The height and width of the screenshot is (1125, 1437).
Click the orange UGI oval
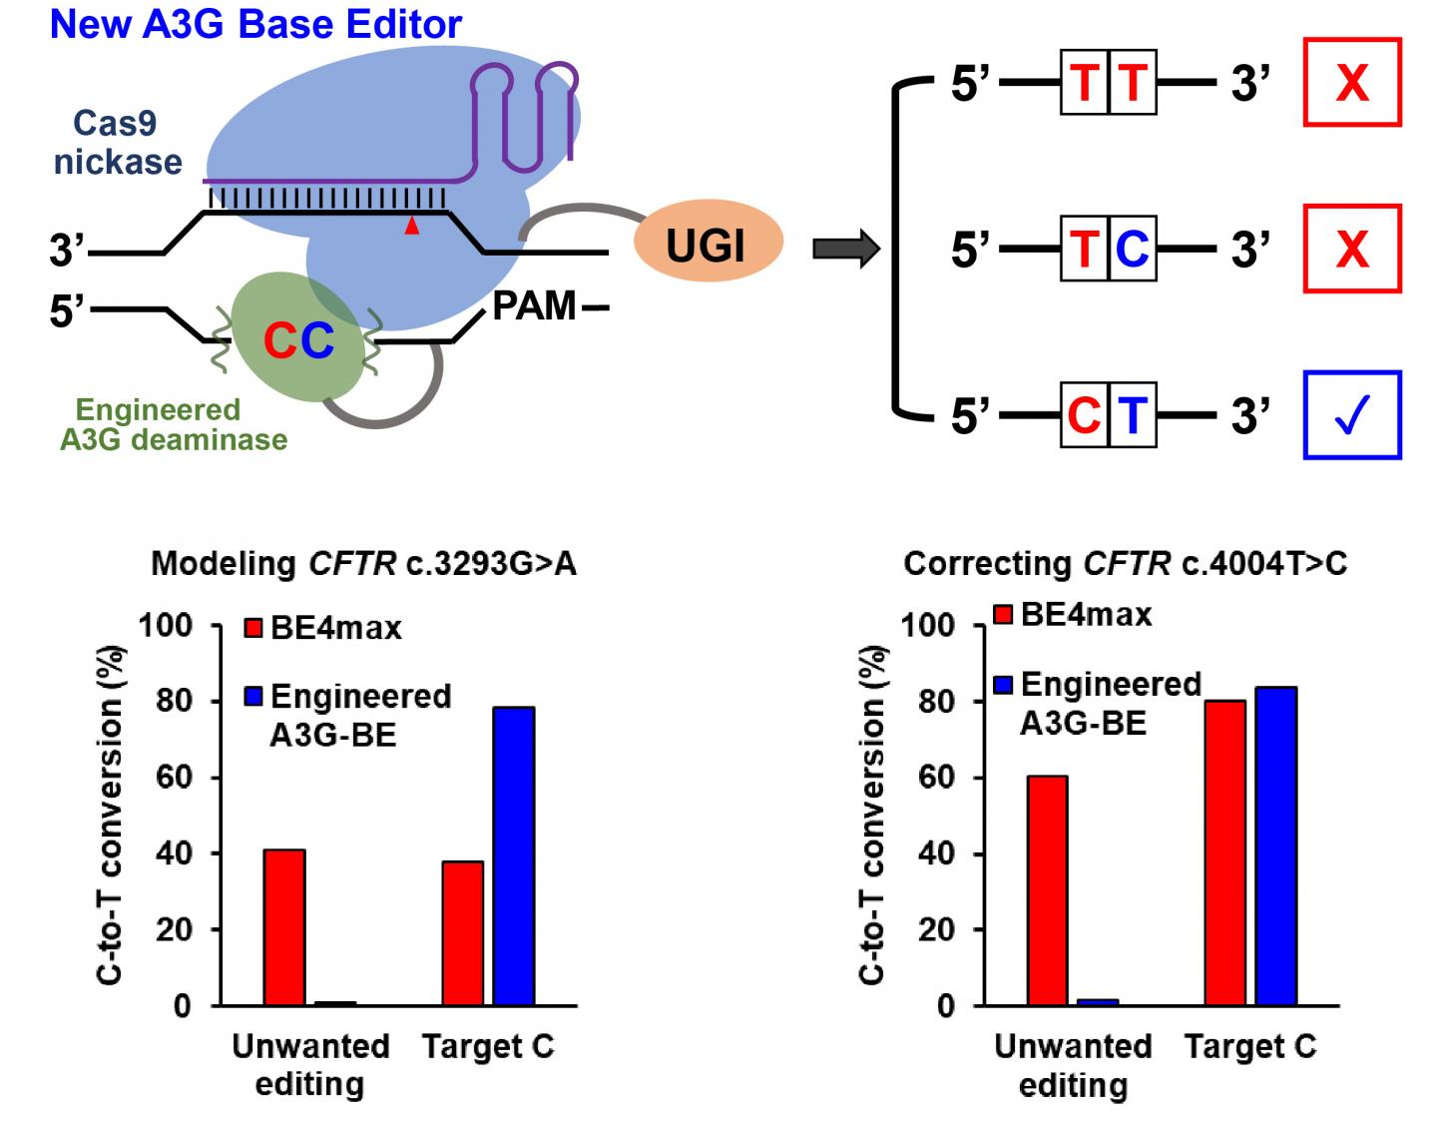pyautogui.click(x=707, y=243)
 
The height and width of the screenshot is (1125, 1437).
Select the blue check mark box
pyautogui.click(x=1352, y=415)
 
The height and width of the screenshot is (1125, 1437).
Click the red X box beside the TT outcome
pyautogui.click(x=1352, y=82)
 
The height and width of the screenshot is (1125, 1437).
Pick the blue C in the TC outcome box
pyautogui.click(x=1132, y=249)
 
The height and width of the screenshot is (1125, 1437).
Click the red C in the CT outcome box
pyautogui.click(x=1083, y=415)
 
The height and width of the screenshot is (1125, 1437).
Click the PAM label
pyautogui.click(x=535, y=306)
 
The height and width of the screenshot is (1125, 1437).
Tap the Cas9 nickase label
pyautogui.click(x=118, y=143)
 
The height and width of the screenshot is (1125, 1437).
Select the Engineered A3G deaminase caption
pyautogui.click(x=174, y=425)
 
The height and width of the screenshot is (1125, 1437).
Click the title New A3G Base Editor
pyautogui.click(x=255, y=24)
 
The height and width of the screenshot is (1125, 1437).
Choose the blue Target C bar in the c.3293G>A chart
pyautogui.click(x=514, y=855)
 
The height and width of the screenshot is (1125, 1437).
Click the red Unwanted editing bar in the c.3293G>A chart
pyautogui.click(x=284, y=927)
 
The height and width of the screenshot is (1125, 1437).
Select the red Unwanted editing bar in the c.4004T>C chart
pyautogui.click(x=1047, y=890)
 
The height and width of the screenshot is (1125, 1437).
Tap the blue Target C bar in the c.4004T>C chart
pyautogui.click(x=1275, y=845)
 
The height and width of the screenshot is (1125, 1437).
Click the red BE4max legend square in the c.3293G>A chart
pyautogui.click(x=254, y=628)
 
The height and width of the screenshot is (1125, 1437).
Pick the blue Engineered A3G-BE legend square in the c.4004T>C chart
pyautogui.click(x=1005, y=685)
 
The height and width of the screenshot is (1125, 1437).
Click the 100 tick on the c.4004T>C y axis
pyautogui.click(x=929, y=626)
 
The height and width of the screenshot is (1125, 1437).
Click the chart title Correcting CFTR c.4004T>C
pyautogui.click(x=1125, y=564)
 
